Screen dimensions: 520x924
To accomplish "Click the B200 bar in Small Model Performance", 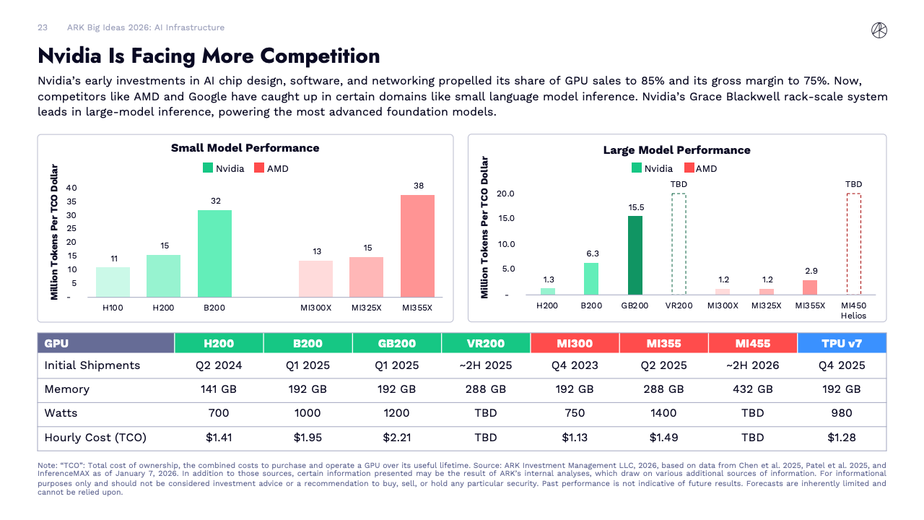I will pos(214,253).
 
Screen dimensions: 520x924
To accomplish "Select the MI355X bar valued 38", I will pos(417,246).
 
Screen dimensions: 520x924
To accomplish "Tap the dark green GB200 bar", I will pos(635,255).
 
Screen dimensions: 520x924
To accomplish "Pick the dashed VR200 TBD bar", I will pos(679,243).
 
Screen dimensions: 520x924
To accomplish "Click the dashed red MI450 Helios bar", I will pos(853,243).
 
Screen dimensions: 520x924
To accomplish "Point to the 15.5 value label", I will pos(636,207).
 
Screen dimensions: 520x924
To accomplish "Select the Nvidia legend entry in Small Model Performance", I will pos(224,168).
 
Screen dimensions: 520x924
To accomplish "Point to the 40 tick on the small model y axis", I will pos(71,188).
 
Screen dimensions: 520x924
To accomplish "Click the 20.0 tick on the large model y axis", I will pos(505,194).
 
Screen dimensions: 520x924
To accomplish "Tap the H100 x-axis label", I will pos(113,308).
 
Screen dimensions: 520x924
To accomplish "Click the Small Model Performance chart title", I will pos(245,148).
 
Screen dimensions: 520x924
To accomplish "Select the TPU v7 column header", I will pos(842,343).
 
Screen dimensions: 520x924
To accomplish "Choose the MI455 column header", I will pos(753,343).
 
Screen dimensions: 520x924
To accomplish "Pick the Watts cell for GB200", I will pos(396,413).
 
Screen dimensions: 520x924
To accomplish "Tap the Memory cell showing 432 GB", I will pos(753,389).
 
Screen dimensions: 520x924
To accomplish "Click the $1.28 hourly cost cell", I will pos(842,437).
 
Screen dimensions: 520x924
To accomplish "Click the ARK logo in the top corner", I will pos(879,30).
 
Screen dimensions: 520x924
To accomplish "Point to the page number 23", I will pos(43,27).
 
